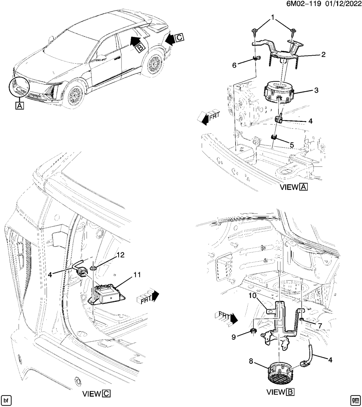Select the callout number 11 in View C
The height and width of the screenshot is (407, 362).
click(137, 275)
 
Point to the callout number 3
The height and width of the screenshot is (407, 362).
click(316, 90)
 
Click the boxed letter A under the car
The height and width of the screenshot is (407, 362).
click(19, 105)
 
